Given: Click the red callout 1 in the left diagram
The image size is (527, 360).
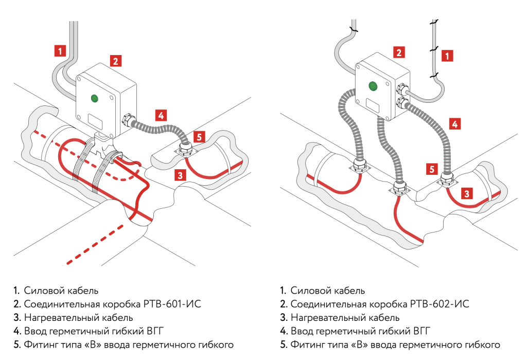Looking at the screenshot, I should point(60,50).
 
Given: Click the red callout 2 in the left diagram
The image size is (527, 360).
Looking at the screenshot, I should point(116,61).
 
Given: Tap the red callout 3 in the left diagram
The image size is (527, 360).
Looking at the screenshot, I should point(180,175).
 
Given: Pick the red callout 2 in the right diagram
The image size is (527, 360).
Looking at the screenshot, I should point(398,52).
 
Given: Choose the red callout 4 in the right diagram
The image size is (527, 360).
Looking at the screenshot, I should point(454,123).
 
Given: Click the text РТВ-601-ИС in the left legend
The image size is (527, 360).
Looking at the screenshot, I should point(172,304).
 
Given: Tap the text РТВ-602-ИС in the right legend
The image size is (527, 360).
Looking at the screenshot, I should point(439,304).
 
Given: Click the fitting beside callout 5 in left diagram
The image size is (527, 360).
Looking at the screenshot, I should point(184,150).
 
